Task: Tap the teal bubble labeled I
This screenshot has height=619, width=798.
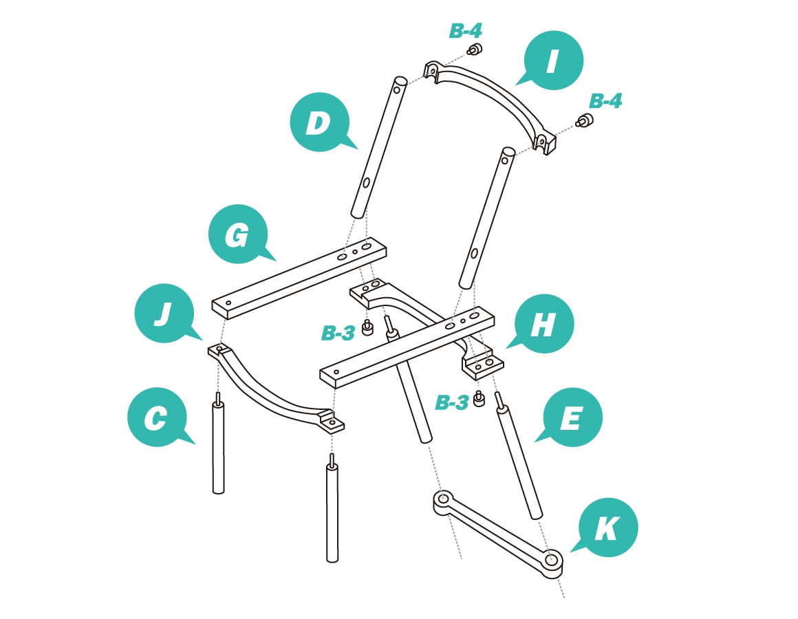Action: pyautogui.click(x=553, y=61)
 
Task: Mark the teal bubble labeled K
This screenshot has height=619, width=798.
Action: pyautogui.click(x=607, y=528)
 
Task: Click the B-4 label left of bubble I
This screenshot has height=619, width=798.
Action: pyautogui.click(x=466, y=31)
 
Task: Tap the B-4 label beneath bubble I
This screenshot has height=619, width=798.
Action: pyautogui.click(x=605, y=101)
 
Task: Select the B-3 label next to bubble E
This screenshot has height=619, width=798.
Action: pyautogui.click(x=452, y=403)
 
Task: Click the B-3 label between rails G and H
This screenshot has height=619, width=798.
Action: pyautogui.click(x=338, y=334)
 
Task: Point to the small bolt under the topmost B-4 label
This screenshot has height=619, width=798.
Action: pyautogui.click(x=474, y=49)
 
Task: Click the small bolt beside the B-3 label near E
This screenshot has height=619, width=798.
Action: pyautogui.click(x=479, y=400)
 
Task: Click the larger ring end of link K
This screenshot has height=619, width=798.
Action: pyautogui.click(x=552, y=561)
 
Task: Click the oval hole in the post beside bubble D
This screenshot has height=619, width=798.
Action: pyautogui.click(x=367, y=182)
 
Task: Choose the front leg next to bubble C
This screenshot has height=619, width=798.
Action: pyautogui.click(x=218, y=447)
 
